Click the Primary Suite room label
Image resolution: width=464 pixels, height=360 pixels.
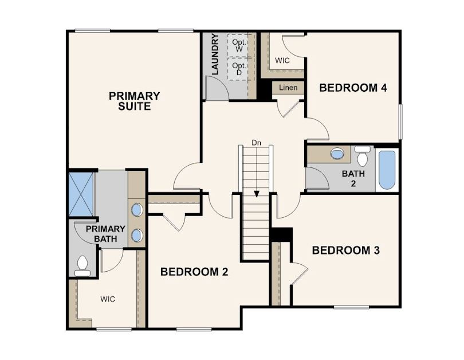tap(135, 101)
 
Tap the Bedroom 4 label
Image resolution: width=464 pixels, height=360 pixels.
tap(353, 88)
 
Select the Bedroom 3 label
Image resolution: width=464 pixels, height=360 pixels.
tap(345, 251)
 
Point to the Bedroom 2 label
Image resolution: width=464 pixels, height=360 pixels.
tap(194, 272)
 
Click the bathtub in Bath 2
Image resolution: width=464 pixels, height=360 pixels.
tap(387, 170)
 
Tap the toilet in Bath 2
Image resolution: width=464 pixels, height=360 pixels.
tap(363, 156)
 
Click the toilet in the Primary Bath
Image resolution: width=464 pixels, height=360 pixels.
tap(82, 265)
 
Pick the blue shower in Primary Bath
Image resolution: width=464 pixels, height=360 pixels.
tap(81, 194)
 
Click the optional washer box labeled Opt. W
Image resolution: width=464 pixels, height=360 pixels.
tap(239, 45)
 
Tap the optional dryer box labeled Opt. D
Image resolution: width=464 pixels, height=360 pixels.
tap(239, 69)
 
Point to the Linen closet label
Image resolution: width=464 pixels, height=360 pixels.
tap(288, 88)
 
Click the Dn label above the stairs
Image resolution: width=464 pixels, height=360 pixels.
tap(257, 143)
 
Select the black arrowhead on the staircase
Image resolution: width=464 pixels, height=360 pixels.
tap(257, 194)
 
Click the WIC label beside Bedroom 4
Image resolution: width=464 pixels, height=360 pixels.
tap(282, 61)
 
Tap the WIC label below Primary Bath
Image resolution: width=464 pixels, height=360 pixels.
tap(108, 299)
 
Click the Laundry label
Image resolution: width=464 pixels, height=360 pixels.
tap(215, 54)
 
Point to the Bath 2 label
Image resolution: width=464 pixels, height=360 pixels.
tap(353, 178)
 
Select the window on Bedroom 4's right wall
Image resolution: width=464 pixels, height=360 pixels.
tap(400, 122)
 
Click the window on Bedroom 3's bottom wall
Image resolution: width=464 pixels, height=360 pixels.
tap(351, 307)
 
